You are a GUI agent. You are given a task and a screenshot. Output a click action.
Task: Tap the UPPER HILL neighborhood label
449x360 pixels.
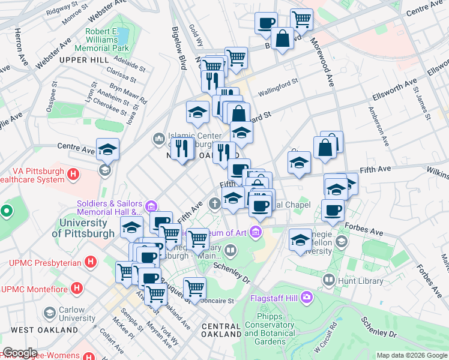coord(83,61)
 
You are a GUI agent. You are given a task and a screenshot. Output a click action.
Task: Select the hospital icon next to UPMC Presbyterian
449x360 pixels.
coord(90,262)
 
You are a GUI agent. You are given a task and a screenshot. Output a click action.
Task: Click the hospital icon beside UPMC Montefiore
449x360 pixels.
coord(77,289)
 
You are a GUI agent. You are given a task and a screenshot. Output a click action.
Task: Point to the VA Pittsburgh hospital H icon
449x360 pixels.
coord(73,175)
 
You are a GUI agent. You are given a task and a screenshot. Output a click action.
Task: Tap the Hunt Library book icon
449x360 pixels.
coord(328,280)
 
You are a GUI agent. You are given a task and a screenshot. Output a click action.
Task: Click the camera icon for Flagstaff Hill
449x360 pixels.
coord(307,296)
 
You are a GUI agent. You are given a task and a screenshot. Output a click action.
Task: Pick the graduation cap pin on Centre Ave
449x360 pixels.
coord(108,149)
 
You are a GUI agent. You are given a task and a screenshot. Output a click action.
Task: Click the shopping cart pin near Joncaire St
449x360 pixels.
coord(194,289)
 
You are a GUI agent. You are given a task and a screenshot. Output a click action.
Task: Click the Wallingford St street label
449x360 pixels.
coord(278,87)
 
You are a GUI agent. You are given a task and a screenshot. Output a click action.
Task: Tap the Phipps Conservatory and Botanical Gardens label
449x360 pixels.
coord(269,333)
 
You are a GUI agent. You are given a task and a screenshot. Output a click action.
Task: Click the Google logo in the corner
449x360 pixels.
coord(19,353)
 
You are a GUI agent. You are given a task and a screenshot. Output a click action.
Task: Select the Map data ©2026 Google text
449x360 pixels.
coord(411,355)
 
